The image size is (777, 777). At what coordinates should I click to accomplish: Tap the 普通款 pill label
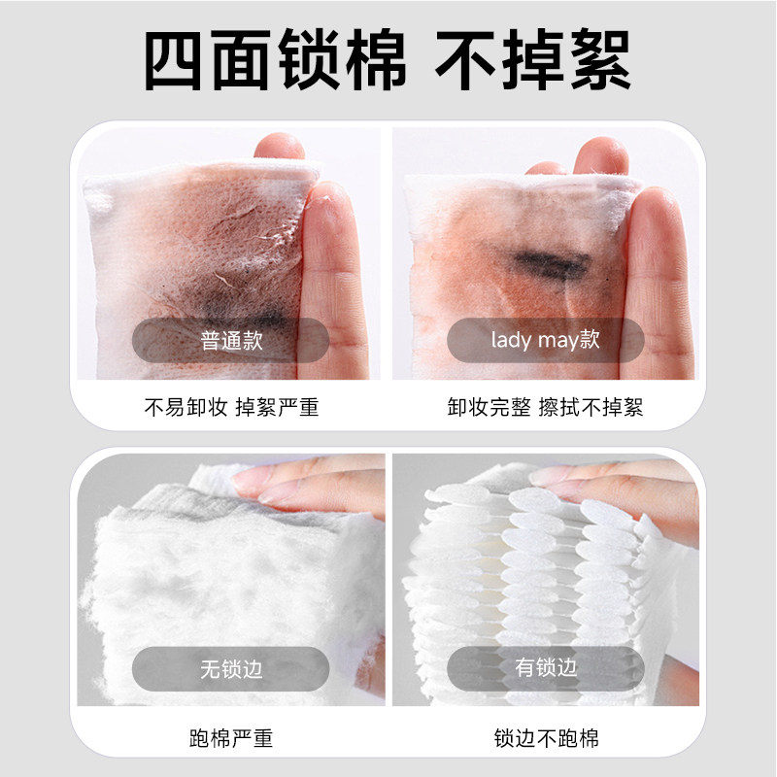231,341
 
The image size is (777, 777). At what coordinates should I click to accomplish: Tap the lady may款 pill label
545,341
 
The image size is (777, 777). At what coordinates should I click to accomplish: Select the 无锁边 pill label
231,668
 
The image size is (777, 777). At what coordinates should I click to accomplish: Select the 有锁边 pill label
545,668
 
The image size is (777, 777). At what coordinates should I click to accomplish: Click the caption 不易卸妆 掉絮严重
231,408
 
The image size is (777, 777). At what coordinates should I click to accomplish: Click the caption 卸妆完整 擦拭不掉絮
545,408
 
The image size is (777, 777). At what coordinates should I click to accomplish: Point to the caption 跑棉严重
231,739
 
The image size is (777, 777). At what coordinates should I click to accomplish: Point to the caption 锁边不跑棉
545,739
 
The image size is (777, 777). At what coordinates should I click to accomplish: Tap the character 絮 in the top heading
598,60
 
